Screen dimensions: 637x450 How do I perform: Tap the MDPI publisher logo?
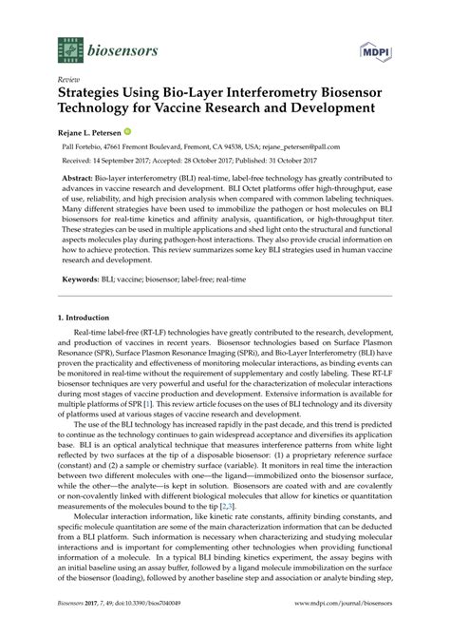pyautogui.click(x=374, y=47)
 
